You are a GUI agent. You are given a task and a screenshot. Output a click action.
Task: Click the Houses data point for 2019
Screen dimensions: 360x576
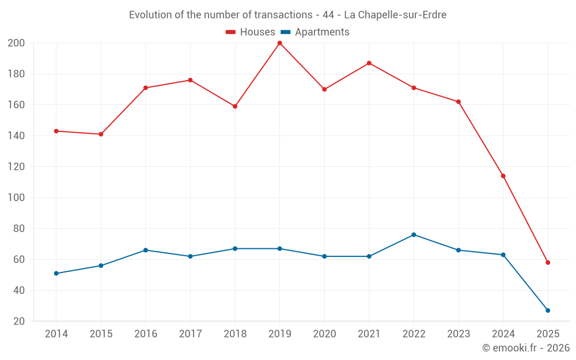point(279,43)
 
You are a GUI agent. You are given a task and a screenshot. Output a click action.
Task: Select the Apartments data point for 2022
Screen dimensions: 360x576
point(414,234)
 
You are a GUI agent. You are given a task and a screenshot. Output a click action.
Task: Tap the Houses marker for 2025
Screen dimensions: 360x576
point(548,263)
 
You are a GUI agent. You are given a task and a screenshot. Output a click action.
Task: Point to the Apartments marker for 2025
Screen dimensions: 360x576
point(548,310)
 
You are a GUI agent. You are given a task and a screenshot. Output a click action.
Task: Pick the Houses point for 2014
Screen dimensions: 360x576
point(56,131)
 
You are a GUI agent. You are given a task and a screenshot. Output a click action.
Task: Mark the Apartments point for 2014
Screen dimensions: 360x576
point(56,273)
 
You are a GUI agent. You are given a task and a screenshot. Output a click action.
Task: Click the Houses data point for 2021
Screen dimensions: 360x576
point(369,63)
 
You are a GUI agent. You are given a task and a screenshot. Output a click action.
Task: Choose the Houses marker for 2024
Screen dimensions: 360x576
point(503,176)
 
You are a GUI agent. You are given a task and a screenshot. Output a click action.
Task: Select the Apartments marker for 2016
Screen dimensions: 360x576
point(146,250)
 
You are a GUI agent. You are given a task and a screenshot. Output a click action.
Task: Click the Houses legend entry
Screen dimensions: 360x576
point(251,32)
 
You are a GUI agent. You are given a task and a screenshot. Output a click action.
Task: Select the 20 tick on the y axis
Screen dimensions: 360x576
point(19,321)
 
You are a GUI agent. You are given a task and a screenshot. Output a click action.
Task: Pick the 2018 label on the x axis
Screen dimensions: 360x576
point(235,334)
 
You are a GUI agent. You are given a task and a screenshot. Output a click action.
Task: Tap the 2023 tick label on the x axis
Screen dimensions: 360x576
point(458,334)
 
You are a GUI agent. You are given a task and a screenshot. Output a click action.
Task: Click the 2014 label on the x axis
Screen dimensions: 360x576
point(56,334)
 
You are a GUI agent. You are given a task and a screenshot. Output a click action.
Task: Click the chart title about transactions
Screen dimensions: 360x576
point(287,15)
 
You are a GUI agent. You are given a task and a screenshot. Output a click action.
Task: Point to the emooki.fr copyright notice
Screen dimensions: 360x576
point(526,348)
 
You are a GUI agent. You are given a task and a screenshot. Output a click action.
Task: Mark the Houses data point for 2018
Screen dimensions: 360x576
point(235,106)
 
